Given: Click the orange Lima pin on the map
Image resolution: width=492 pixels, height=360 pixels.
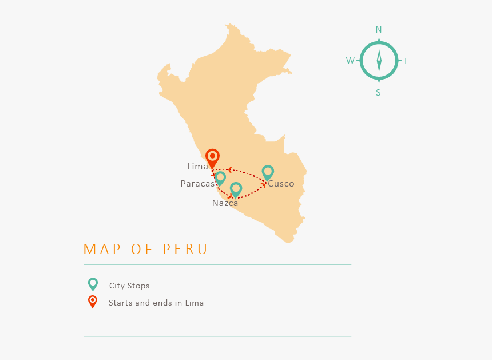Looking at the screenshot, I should click(x=212, y=157).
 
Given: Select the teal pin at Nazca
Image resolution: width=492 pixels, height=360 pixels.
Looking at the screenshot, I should click(x=236, y=189).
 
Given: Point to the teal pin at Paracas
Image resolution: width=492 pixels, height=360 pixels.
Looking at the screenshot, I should click(x=220, y=178).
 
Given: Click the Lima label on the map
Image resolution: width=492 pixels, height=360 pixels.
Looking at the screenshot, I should click(x=197, y=167).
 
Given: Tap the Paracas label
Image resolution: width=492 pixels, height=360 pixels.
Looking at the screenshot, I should click(x=197, y=184).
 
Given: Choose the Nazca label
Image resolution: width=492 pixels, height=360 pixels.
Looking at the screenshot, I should click(x=225, y=203).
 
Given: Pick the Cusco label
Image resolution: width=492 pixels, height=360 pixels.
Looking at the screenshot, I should click(x=281, y=184).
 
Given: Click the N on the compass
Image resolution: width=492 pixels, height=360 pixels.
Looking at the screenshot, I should click(x=379, y=30).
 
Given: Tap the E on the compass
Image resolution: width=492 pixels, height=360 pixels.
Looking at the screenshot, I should click(x=407, y=61).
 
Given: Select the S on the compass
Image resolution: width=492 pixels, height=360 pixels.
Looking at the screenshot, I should click(x=378, y=93).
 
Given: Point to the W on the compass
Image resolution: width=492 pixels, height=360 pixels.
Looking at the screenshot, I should click(x=350, y=61).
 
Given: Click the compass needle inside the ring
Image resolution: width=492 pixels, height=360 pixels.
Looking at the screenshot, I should click(x=379, y=61).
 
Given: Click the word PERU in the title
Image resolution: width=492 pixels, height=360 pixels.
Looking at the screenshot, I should click(x=185, y=250).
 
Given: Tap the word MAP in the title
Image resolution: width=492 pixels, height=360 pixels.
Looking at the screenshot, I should click(x=102, y=250).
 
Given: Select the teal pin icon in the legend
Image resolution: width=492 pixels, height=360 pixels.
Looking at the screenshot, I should click(x=93, y=284).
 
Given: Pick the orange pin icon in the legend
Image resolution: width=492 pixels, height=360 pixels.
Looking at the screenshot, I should click(x=93, y=302).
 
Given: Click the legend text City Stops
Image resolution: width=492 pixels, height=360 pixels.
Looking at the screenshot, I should click(x=129, y=286).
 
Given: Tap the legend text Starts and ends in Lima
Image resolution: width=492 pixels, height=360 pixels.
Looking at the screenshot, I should click(x=156, y=303).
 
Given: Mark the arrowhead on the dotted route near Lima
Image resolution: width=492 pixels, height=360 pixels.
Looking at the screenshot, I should click(x=229, y=169).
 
